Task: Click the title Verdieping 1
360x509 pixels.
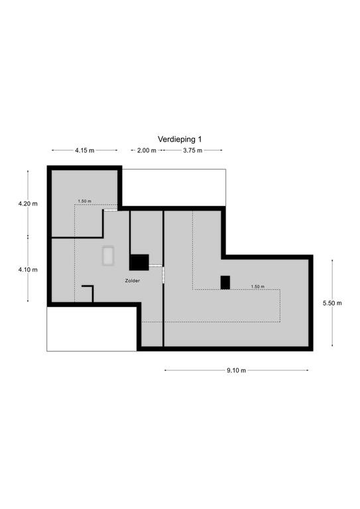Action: [x=180, y=139]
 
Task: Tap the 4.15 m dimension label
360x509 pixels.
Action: [x=85, y=150]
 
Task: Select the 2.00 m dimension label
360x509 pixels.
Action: [x=147, y=150]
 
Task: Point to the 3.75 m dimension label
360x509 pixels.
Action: [x=192, y=150]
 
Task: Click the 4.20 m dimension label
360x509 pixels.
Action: [x=28, y=204]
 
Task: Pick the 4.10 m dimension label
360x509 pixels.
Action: [x=28, y=270]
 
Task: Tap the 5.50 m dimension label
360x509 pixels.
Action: [x=332, y=303]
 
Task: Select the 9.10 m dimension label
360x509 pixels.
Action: [x=236, y=370]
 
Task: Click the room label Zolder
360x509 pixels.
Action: [x=133, y=280]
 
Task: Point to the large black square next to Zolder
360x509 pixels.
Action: [x=139, y=262]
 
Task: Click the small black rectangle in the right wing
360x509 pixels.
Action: [x=225, y=282]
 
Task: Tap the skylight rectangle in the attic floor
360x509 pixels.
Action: [x=108, y=256]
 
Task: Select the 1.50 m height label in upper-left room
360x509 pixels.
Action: [x=84, y=201]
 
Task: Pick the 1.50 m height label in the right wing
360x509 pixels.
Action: [x=257, y=286]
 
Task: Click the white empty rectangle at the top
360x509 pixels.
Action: [x=174, y=188]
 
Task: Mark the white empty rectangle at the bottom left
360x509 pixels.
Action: [x=91, y=329]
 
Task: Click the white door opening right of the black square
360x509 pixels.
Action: [x=155, y=266]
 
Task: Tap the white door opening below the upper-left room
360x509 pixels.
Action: [x=110, y=210]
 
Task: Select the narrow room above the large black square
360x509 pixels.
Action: [x=147, y=233]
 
